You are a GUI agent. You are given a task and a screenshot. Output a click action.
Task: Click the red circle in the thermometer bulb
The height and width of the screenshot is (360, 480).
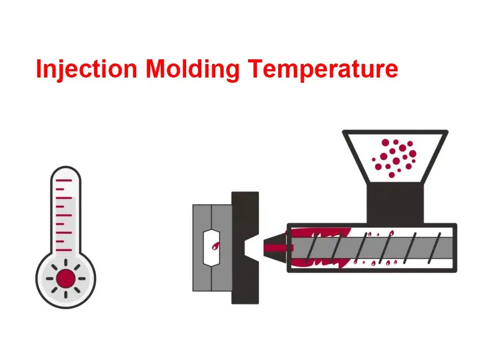tap(66, 278)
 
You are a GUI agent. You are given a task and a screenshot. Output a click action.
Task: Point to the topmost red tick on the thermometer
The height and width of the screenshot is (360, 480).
tap(63, 181)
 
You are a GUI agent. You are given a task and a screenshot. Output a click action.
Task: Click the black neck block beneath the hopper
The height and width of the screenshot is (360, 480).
tap(393, 203)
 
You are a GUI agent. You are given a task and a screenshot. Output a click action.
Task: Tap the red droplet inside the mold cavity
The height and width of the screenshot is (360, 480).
tap(214, 246)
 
